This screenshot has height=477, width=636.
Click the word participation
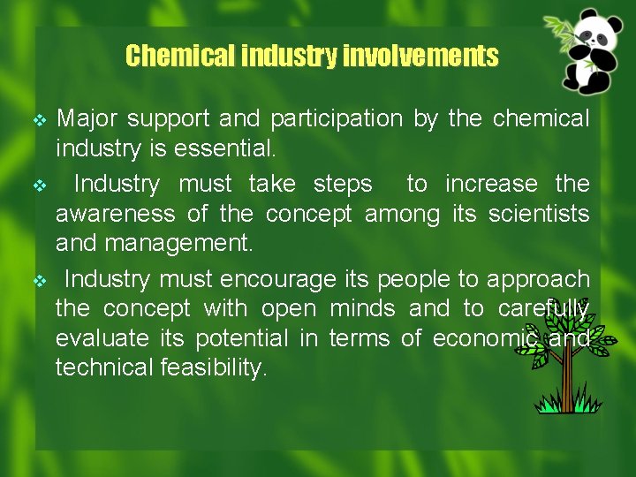(336, 118)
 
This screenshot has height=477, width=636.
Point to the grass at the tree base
(565, 405)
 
